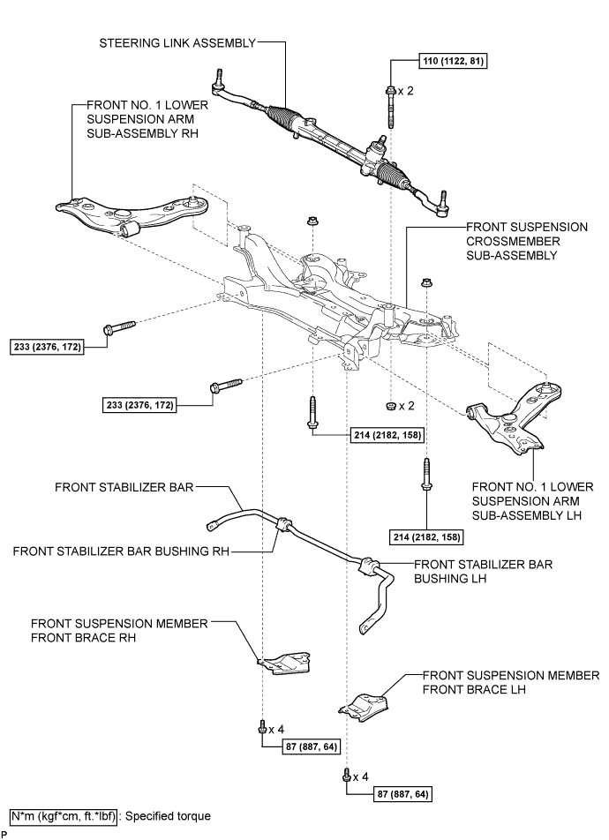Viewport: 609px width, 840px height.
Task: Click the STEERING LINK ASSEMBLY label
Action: [180, 41]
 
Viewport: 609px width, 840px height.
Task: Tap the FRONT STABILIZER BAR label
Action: [123, 486]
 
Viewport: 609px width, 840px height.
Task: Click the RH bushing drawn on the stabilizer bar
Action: [283, 525]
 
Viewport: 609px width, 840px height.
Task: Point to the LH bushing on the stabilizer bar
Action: [368, 565]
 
